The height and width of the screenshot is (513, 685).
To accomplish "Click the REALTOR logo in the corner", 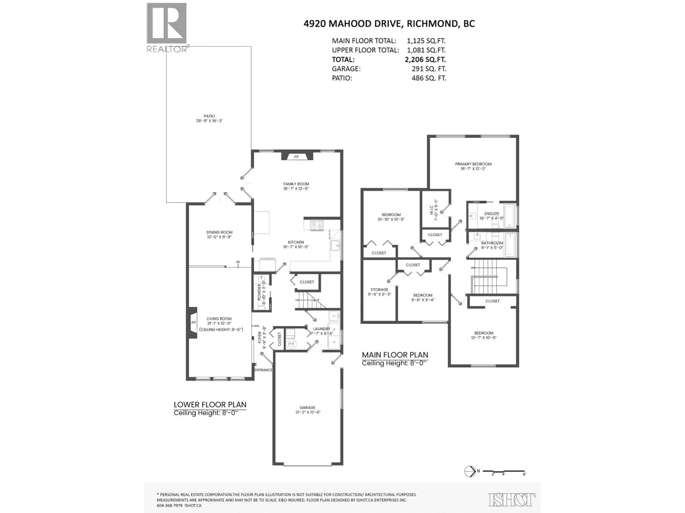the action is click(x=167, y=28).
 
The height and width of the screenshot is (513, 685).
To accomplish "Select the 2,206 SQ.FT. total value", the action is click(x=425, y=59).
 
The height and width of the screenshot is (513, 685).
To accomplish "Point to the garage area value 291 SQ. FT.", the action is click(x=429, y=69).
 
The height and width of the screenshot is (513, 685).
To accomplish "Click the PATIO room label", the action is click(x=209, y=116).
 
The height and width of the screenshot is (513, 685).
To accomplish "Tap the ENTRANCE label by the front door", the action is click(x=263, y=370).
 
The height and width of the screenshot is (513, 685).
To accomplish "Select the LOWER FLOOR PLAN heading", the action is click(x=210, y=405).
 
